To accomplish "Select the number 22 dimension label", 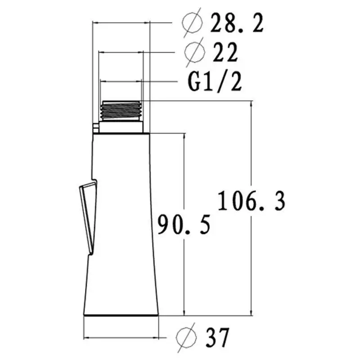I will tap(225, 53).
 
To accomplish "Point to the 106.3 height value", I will tap(252, 201).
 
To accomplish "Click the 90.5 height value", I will tap(184, 224).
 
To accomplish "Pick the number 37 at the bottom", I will tap(218, 337).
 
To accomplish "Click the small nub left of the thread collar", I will tap(95, 128).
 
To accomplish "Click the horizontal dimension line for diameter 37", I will tap(121, 337).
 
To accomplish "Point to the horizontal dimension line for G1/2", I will tap(121, 81).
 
